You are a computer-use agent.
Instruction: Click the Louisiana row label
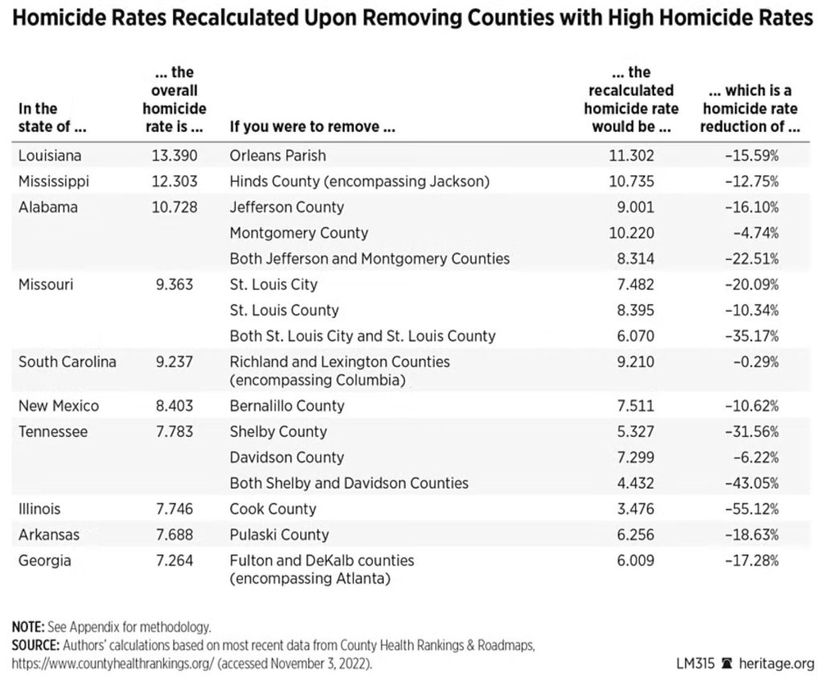(x=50, y=155)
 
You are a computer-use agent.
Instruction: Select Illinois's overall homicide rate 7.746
(x=174, y=509)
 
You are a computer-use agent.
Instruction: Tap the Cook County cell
(x=273, y=509)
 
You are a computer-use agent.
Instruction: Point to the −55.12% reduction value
(x=751, y=509)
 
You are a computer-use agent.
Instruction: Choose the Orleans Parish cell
(x=278, y=155)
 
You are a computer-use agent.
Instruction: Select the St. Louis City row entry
(x=274, y=284)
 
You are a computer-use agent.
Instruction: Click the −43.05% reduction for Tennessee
(x=751, y=483)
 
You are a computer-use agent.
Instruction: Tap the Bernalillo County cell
(x=286, y=406)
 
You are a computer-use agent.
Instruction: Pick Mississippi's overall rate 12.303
(x=174, y=181)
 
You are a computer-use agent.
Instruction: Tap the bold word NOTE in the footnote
(x=29, y=626)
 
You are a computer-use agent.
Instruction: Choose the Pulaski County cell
(x=279, y=534)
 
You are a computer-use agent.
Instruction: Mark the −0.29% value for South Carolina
(x=755, y=361)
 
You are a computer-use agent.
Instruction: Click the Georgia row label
(x=44, y=560)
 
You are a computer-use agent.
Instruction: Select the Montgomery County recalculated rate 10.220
(x=635, y=233)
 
